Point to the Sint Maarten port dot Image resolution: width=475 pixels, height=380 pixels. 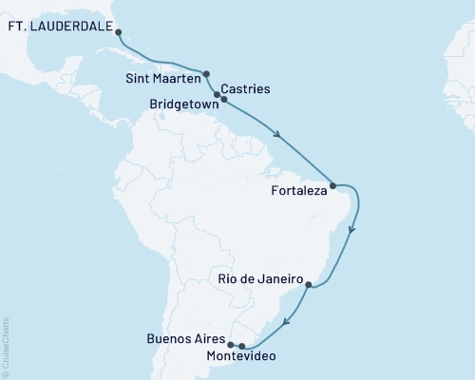click(x=205, y=73)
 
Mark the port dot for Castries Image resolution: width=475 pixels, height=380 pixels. click(x=218, y=95)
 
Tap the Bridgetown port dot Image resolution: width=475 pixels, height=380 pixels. click(x=224, y=99)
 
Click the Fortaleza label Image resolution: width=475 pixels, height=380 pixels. click(x=297, y=191)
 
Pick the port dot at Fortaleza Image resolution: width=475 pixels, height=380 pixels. click(x=332, y=185)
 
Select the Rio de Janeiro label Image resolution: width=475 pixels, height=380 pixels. click(x=258, y=281)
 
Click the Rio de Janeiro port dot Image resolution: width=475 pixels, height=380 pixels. click(x=308, y=282)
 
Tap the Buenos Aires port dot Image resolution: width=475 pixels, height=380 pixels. click(x=231, y=345)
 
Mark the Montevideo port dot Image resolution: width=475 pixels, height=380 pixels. click(x=242, y=346)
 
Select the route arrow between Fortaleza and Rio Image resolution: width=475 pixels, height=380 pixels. click(x=353, y=228)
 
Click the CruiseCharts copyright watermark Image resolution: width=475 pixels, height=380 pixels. click(x=6, y=348)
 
